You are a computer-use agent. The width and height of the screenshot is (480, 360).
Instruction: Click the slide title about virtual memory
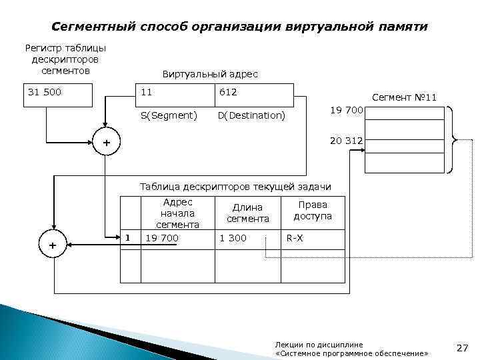240,27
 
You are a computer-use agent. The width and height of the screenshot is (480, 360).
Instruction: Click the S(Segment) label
169,115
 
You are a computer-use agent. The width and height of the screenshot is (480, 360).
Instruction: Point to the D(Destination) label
251,115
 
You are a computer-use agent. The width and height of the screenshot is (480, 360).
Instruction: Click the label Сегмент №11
404,97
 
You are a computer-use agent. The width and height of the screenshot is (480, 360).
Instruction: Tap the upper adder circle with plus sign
105,144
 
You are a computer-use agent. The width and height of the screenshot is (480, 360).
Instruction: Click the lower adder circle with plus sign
53,246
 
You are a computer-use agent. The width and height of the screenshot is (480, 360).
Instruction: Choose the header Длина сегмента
247,213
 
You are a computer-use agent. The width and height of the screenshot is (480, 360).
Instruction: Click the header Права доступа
313,211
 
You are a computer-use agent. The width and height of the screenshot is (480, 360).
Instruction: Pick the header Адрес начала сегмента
177,213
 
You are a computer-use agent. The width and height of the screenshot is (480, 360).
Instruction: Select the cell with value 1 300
233,238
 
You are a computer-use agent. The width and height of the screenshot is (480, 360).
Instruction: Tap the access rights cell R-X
295,238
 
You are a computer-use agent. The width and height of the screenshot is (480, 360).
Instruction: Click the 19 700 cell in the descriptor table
162,238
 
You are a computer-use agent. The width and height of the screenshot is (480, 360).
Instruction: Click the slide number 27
463,347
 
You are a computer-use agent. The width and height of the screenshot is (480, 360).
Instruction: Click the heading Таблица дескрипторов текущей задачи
235,185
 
